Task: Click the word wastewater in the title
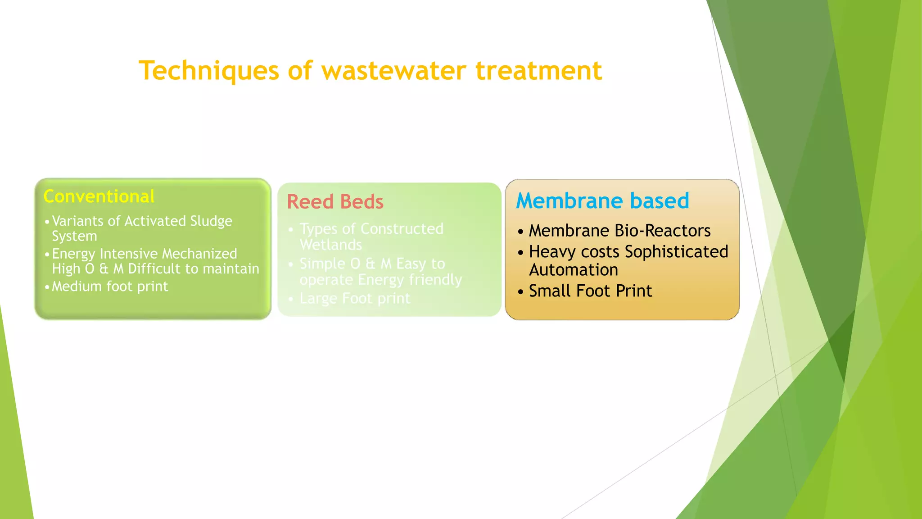pyautogui.click(x=393, y=71)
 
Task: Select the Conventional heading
pyautogui.click(x=99, y=197)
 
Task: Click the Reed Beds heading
pyautogui.click(x=335, y=202)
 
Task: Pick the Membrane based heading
pyautogui.click(x=602, y=201)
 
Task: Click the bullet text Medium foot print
pyautogui.click(x=110, y=287)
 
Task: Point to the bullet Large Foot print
pyautogui.click(x=355, y=298)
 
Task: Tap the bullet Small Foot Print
pyautogui.click(x=590, y=291)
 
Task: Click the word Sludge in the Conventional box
pyautogui.click(x=211, y=221)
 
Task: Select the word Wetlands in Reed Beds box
pyautogui.click(x=331, y=245)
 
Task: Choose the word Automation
pyautogui.click(x=574, y=270)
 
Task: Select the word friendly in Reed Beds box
pyautogui.click(x=435, y=280)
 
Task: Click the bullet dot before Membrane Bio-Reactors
pyautogui.click(x=520, y=232)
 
